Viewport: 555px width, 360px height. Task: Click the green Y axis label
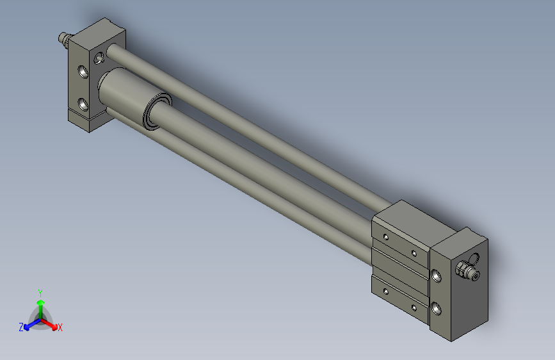coord(40,292)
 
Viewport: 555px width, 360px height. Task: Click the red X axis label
coord(60,328)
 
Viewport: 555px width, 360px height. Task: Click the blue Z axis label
coord(21,327)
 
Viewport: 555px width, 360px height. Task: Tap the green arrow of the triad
coord(40,304)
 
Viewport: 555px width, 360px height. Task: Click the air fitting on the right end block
coord(467,272)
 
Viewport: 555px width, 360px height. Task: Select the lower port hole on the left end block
coord(82,102)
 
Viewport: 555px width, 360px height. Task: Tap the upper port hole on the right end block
coord(437,277)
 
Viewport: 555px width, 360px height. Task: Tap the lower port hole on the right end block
coord(437,308)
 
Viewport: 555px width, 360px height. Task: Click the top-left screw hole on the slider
coord(386,237)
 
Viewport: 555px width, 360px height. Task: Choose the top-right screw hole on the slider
coord(414,254)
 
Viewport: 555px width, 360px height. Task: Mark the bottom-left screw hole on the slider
coord(386,291)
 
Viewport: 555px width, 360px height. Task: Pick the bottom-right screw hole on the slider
coord(414,308)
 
